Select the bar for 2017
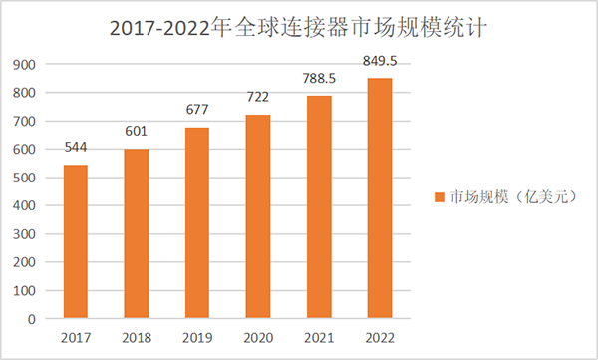point(75,241)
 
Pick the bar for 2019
point(196,222)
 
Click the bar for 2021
point(318,206)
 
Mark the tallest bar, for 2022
point(379,198)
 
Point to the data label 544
point(75,148)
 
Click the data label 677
point(196,110)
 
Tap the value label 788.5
point(318,78)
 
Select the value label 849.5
point(379,61)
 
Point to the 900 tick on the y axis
point(25,65)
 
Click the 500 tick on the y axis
point(25,178)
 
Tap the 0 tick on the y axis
point(33,319)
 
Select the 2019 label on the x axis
point(196,338)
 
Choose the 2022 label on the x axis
point(379,338)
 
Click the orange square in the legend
point(439,197)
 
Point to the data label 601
point(136,132)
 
